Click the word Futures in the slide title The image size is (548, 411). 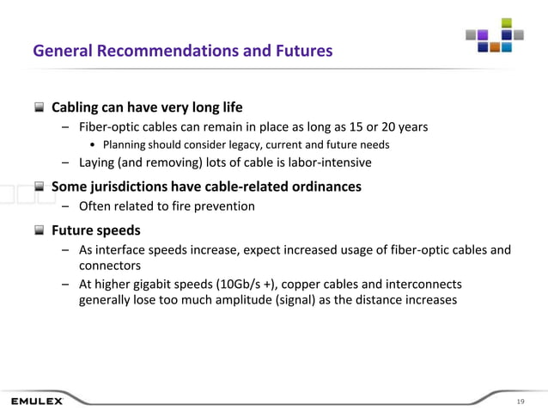pyautogui.click(x=301, y=52)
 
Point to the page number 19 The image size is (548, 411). pyautogui.click(x=521, y=402)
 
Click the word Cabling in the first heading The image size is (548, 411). pyautogui.click(x=78, y=108)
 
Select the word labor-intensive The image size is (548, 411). pyautogui.click(x=328, y=162)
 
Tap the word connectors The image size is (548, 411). pyautogui.click(x=110, y=266)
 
